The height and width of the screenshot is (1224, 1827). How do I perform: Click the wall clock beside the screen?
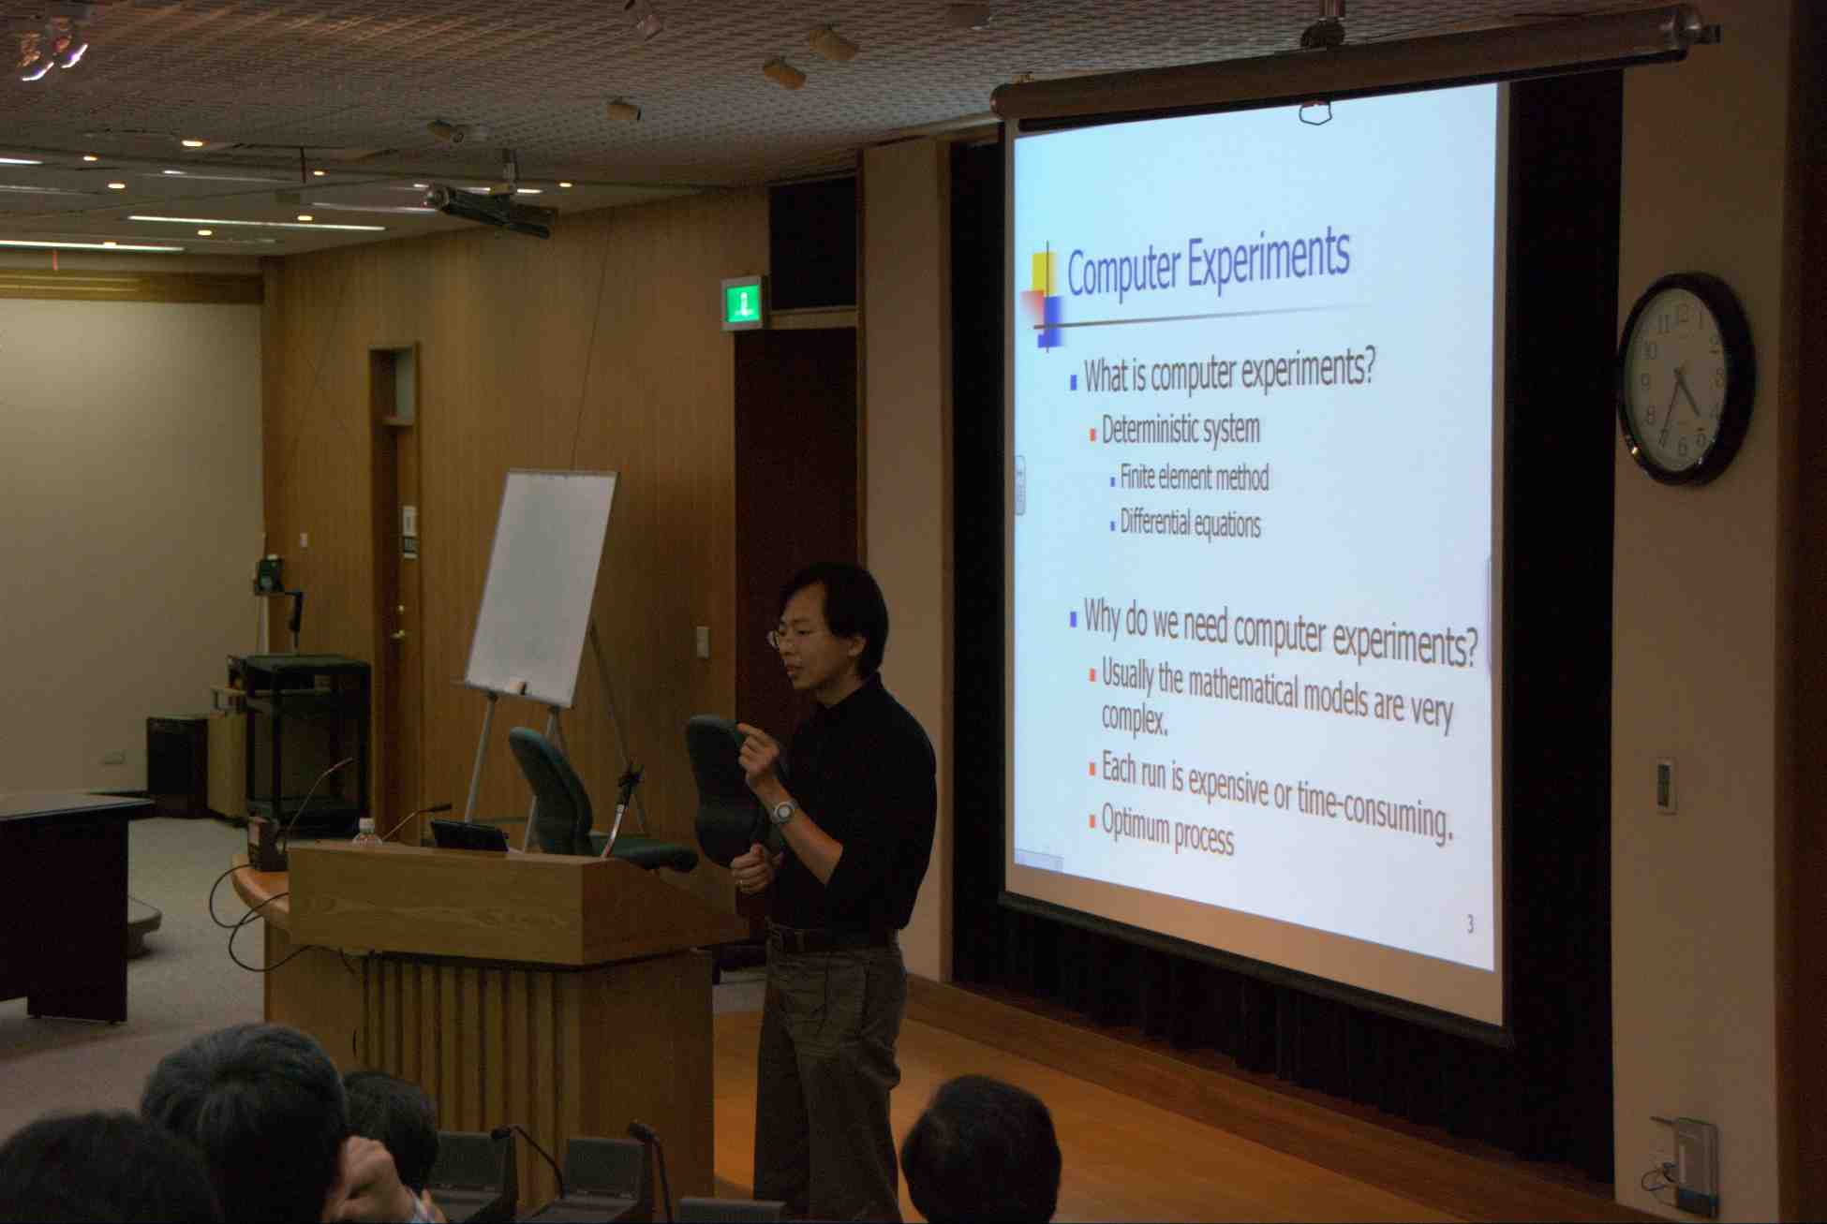[x=1686, y=378]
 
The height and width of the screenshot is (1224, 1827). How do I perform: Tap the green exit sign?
[x=743, y=302]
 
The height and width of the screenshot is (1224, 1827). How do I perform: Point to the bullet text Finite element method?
[x=1195, y=478]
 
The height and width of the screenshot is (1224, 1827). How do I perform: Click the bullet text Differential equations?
[x=1191, y=524]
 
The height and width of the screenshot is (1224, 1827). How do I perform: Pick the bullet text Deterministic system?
[x=1181, y=430]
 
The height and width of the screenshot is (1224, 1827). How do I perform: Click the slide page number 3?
[x=1470, y=924]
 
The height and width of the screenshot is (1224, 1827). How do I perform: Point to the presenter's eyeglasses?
[x=795, y=637]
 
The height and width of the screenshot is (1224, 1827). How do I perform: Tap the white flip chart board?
[x=541, y=587]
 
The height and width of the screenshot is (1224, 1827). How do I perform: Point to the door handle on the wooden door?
[x=398, y=635]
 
